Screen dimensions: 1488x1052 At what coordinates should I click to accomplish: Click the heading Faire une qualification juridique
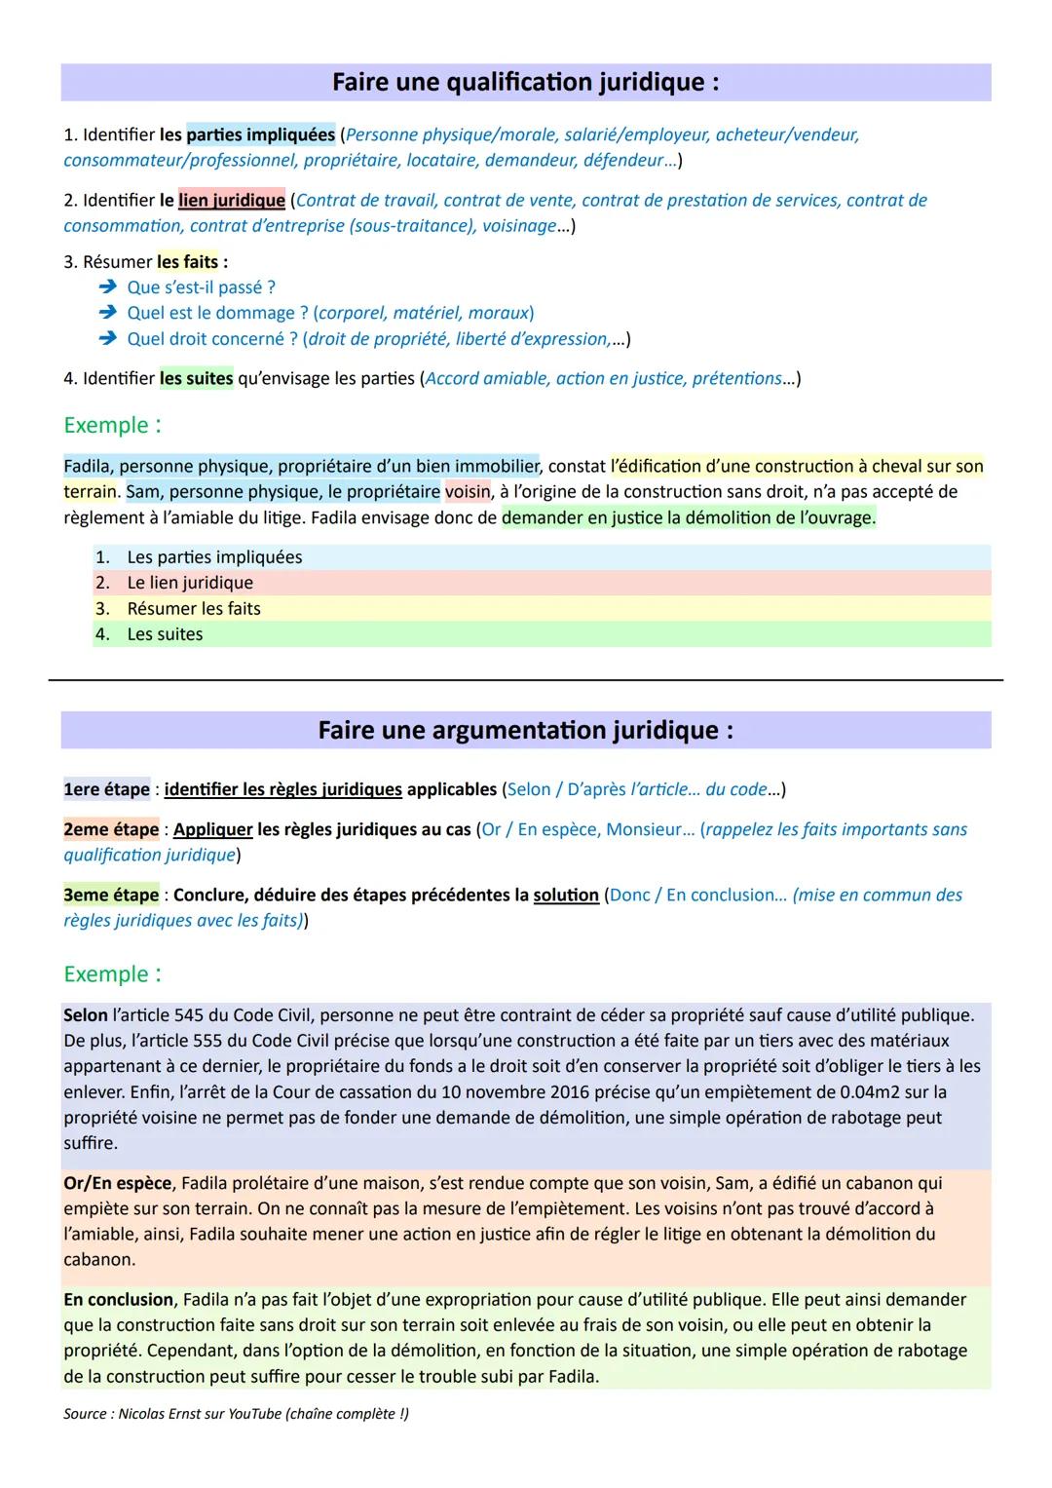pos(525,83)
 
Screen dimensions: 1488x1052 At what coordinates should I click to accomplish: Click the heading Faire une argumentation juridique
pos(525,731)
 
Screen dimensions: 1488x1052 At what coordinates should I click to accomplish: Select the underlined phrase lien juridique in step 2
pos(232,201)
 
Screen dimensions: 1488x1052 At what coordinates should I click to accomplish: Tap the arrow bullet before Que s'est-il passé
pos(107,287)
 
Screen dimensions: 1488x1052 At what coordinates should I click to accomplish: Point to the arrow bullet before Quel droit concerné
pos(107,339)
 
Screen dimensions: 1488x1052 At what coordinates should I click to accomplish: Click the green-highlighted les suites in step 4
pos(196,378)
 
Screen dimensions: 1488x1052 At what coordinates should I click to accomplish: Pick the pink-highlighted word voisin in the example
pos(468,492)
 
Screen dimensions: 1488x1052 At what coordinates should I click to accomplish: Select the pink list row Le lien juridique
pos(190,583)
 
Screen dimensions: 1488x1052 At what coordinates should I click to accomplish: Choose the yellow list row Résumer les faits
pos(194,609)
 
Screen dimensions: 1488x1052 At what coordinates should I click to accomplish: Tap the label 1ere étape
pos(106,789)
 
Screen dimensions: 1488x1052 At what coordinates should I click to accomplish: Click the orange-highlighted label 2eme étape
pos(111,829)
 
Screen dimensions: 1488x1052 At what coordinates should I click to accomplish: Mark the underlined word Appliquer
pos(212,829)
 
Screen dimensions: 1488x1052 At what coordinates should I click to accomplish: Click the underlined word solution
pos(566,895)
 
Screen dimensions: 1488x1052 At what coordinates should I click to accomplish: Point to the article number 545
pos(189,1015)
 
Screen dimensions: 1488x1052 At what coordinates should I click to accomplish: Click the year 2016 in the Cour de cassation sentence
pos(570,1092)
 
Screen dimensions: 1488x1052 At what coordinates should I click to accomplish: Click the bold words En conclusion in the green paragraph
pos(118,1300)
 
